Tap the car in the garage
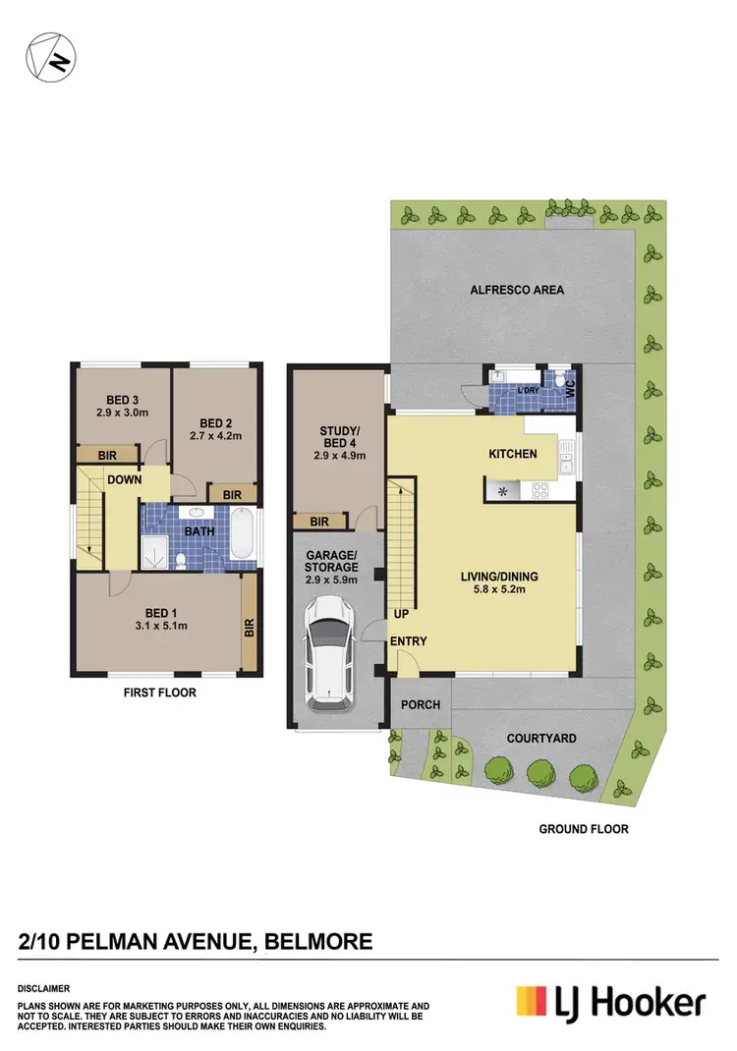329,654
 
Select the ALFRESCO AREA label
516,290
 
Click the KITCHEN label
513,454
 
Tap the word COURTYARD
540,738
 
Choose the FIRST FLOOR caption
159,692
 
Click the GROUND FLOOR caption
583,829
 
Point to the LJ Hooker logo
610,1003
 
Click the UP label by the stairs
399,612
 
